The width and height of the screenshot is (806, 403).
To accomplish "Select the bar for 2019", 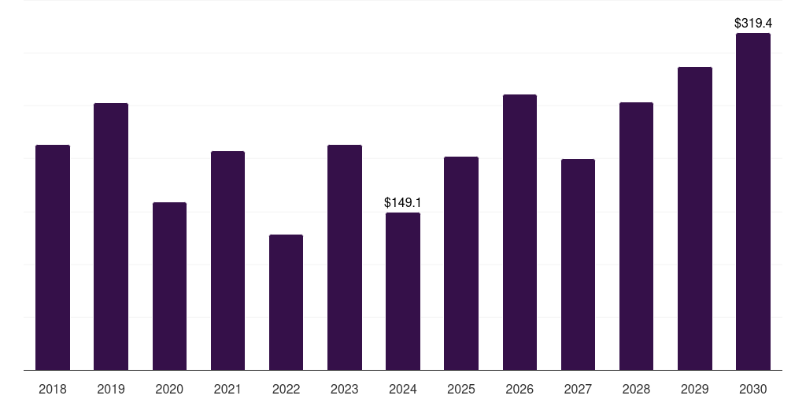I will pos(111,236).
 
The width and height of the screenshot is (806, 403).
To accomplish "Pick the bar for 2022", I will pos(286,302).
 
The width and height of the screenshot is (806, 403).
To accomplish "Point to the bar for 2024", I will pos(402,291).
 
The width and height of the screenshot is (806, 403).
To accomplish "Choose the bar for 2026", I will pos(519,232).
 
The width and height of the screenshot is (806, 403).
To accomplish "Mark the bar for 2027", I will pos(578,264).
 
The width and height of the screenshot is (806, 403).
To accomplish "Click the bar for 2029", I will pos(694,218).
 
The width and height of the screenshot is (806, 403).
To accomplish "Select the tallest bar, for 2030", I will pos(752,201).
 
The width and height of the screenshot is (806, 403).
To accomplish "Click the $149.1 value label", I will pos(402,203).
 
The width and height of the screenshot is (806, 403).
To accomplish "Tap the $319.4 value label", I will pos(752,24).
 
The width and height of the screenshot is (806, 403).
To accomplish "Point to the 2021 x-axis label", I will pos(227,389).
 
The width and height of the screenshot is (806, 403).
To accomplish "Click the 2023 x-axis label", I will pos(344,389).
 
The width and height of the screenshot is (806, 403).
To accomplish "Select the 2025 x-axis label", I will pos(460,389).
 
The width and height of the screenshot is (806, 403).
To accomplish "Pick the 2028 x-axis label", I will pos(636,389).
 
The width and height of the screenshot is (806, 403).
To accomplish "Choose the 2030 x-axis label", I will pos(752,389).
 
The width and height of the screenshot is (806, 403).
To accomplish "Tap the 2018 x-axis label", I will pos(53,389).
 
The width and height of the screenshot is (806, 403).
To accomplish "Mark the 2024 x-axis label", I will pos(402,389).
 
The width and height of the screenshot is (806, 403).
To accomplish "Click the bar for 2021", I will pos(227,261).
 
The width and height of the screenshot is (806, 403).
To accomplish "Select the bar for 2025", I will pos(460,263).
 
